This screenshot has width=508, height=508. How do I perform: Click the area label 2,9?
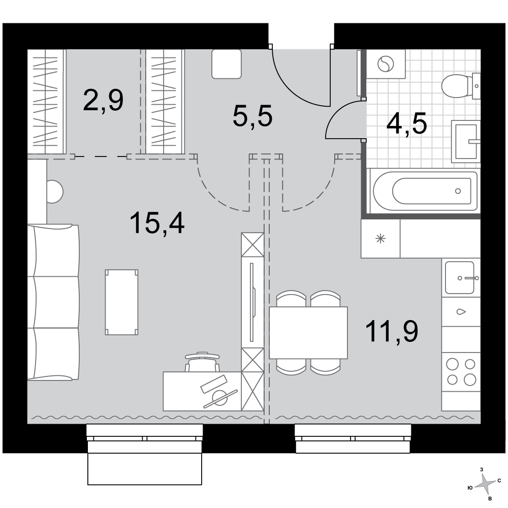coord(103,101)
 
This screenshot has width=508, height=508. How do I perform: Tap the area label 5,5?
coord(252,116)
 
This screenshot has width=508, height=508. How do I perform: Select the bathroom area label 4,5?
coord(407,123)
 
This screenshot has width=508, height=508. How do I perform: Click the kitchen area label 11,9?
coord(392,331)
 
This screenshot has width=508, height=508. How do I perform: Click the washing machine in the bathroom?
coord(386,64)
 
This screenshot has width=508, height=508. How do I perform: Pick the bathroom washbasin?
coord(465,141)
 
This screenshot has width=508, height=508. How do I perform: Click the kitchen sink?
coord(460,278)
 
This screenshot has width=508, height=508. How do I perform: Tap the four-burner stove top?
coord(461,372)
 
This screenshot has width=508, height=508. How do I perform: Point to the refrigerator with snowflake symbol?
coord(380,239)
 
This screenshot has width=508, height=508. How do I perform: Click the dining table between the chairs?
coord(308,333)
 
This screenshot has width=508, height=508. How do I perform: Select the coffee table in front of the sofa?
coord(121,302)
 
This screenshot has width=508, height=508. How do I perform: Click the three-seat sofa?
coord(53,302)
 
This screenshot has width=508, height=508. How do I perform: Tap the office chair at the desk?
coord(203,362)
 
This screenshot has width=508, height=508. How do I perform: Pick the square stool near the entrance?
coord(227,64)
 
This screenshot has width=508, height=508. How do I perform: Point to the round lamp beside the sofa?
coord(54,192)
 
